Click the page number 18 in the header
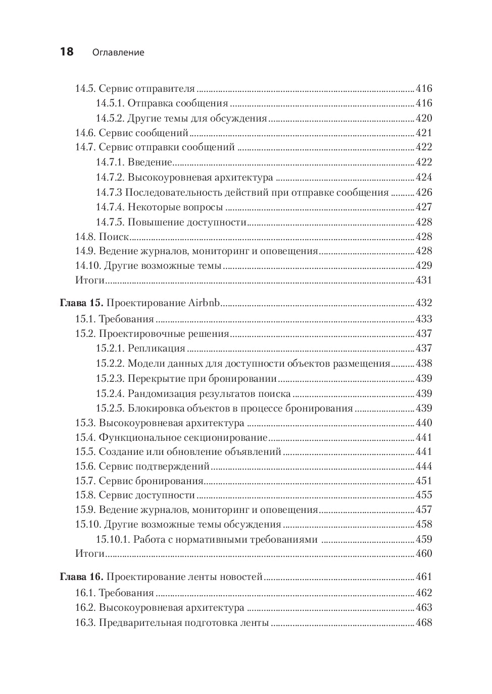67,51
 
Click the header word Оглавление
118,52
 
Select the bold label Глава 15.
81,303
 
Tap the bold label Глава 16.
81,576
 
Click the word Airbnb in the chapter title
205,303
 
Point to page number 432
424,303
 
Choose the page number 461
424,576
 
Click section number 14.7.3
109,192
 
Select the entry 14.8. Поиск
102,237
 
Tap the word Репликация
156,348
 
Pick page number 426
424,192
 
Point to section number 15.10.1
113,539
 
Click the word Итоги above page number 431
90,280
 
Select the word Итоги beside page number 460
90,553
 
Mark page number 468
424,622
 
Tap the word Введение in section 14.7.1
150,162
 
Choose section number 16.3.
85,622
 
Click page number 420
424,118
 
